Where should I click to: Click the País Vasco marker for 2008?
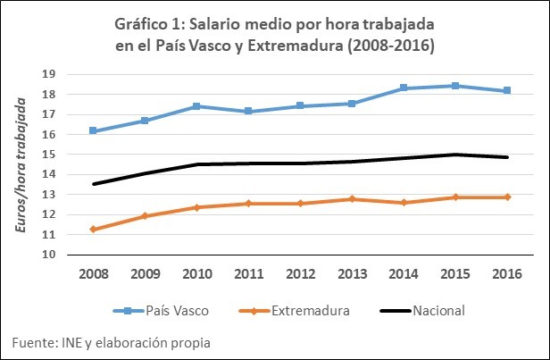pyautogui.click(x=93, y=131)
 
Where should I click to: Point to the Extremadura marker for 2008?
pyautogui.click(x=93, y=230)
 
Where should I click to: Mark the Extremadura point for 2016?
pyautogui.click(x=507, y=197)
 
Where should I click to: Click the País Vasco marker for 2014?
pyautogui.click(x=404, y=88)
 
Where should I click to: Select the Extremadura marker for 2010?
pyautogui.click(x=196, y=207)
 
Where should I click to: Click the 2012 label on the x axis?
pyautogui.click(x=300, y=274)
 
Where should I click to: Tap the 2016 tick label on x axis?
pyautogui.click(x=507, y=274)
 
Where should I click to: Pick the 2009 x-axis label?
pyautogui.click(x=145, y=274)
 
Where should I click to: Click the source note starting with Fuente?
pyautogui.click(x=112, y=342)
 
